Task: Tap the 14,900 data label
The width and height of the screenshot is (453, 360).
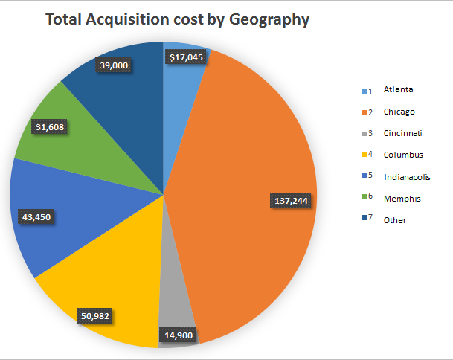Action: pyautogui.click(x=177, y=335)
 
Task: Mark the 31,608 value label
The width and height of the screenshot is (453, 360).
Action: pyautogui.click(x=50, y=127)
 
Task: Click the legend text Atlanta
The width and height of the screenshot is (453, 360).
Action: pyautogui.click(x=398, y=90)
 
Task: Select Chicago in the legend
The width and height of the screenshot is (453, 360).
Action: pyautogui.click(x=399, y=112)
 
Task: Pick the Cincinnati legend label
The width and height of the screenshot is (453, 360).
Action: pyautogui.click(x=402, y=133)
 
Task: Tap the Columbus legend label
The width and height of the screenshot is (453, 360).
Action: pyautogui.click(x=402, y=155)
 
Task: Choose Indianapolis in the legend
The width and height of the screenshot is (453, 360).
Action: pyautogui.click(x=406, y=177)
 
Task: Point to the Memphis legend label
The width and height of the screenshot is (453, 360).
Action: pyautogui.click(x=401, y=199)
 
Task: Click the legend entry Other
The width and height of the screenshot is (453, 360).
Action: pyautogui.click(x=395, y=220)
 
